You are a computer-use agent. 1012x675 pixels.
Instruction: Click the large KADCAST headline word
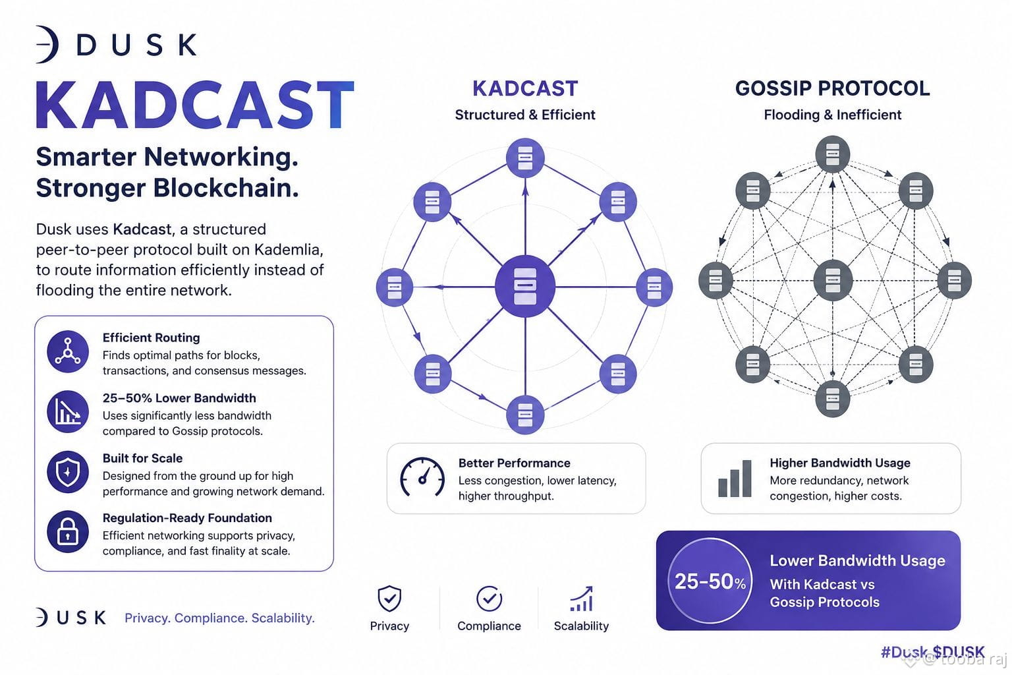(x=195, y=105)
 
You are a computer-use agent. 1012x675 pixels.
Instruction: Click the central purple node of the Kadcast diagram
(x=525, y=286)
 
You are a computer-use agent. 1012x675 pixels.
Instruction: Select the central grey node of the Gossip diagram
(x=832, y=280)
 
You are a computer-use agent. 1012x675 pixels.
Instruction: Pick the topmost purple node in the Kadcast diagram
(x=525, y=158)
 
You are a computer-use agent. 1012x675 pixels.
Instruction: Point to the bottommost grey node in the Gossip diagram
(x=832, y=398)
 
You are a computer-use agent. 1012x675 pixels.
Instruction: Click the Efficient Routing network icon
(x=68, y=351)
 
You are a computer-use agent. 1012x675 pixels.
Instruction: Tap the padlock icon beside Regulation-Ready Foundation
(x=68, y=532)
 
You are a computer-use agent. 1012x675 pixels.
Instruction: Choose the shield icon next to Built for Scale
(x=68, y=471)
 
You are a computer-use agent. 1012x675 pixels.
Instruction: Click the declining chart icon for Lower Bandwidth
(x=68, y=411)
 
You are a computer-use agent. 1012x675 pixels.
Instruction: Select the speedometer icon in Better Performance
(x=422, y=477)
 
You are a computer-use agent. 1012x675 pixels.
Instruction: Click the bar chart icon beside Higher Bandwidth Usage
(x=735, y=479)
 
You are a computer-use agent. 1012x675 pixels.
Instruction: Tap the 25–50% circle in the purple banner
(x=710, y=581)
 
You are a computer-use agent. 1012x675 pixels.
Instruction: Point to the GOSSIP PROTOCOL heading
(x=832, y=88)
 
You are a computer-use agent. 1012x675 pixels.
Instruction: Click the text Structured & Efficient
(x=525, y=115)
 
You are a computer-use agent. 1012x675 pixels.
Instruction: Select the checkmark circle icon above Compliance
(x=489, y=598)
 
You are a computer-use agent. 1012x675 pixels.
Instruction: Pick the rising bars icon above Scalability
(x=582, y=599)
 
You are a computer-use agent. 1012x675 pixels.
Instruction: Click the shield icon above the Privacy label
(x=389, y=598)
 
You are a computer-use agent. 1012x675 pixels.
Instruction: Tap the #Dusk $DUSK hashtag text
(x=932, y=651)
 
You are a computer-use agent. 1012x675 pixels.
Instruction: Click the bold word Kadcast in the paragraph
(x=142, y=229)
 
